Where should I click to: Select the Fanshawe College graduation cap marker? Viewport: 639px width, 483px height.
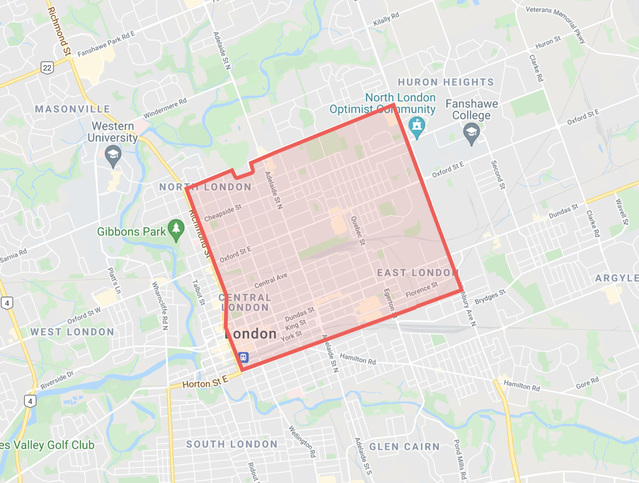pyautogui.click(x=471, y=134)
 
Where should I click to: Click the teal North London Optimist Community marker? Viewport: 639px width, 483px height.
pyautogui.click(x=416, y=126)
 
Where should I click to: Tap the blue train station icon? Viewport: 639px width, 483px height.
pyautogui.click(x=243, y=356)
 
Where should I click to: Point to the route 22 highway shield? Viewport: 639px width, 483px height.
pyautogui.click(x=47, y=67)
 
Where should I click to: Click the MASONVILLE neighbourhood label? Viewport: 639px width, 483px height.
pyautogui.click(x=72, y=109)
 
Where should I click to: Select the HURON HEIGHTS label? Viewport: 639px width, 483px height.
pyautogui.click(x=446, y=82)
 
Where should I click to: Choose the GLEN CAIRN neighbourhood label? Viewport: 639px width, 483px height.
pyautogui.click(x=405, y=446)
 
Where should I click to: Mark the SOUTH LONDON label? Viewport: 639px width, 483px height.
pyautogui.click(x=232, y=444)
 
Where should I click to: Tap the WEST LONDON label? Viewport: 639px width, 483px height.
pyautogui.click(x=72, y=332)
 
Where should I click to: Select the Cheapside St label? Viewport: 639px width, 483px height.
pyautogui.click(x=223, y=213)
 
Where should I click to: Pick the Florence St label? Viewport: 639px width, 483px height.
pyautogui.click(x=422, y=290)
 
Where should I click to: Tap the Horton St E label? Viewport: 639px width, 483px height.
pyautogui.click(x=205, y=382)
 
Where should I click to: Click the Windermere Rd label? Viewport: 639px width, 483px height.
pyautogui.click(x=165, y=109)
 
